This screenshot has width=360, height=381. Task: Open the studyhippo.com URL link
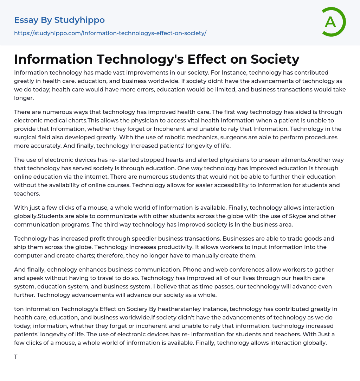(x=110, y=33)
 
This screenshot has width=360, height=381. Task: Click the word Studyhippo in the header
(x=79, y=20)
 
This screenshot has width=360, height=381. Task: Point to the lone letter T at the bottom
(x=16, y=357)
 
